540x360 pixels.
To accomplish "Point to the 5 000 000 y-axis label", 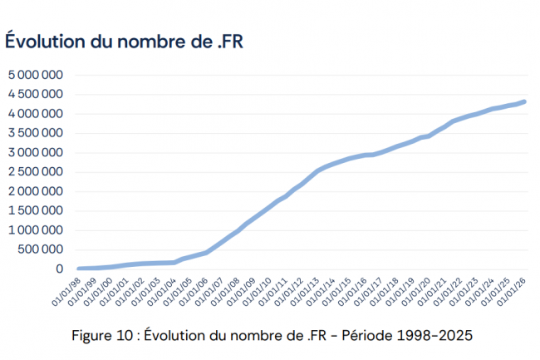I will click(x=36, y=75).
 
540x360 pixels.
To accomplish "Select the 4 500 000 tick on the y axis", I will click(x=36, y=94).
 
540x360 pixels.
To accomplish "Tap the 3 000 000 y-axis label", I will click(x=36, y=152).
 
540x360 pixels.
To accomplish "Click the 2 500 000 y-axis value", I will click(x=36, y=171).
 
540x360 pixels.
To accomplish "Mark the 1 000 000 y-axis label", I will click(x=36, y=229).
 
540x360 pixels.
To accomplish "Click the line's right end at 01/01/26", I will click(x=524, y=101).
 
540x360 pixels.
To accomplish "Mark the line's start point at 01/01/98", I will click(x=79, y=269).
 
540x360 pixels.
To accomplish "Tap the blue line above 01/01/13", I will click(x=317, y=171).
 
